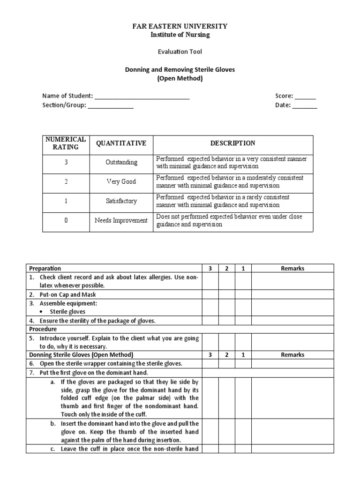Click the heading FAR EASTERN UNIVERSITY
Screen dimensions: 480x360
click(x=180, y=26)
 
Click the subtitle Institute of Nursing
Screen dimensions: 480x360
click(x=180, y=35)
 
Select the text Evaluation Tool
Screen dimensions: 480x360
click(x=180, y=52)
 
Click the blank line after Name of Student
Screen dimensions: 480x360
click(x=142, y=97)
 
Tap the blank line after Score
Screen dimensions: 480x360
click(x=305, y=97)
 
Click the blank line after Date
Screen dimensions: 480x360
click(x=305, y=105)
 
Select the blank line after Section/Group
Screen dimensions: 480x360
click(x=111, y=105)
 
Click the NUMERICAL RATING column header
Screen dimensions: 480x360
click(x=66, y=143)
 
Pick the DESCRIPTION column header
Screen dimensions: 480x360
click(x=232, y=143)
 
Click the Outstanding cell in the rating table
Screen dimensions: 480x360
click(x=121, y=162)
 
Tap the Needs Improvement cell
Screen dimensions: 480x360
click(x=121, y=220)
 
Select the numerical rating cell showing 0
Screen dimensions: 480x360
click(x=66, y=220)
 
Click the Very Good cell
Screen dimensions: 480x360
click(x=121, y=181)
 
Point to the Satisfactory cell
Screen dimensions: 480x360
click(x=121, y=201)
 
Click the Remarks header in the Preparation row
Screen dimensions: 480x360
click(x=292, y=269)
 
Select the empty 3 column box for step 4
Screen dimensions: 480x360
click(x=210, y=321)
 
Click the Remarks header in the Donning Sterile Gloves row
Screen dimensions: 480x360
click(x=292, y=355)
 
